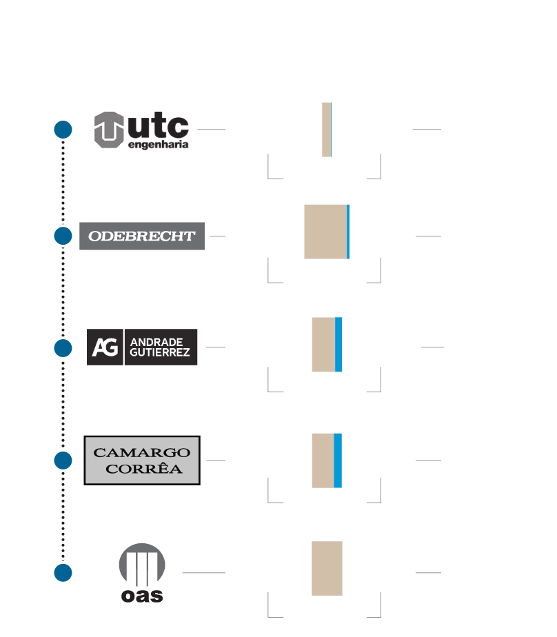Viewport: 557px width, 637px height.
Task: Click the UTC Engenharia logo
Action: tap(141, 130)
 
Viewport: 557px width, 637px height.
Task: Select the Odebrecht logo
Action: tap(142, 236)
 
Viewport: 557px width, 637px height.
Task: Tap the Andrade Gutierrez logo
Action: tap(142, 347)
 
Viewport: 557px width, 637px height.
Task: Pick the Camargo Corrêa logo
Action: tap(142, 461)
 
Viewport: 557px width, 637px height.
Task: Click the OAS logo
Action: tap(142, 574)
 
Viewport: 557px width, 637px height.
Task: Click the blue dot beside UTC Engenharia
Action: tap(63, 130)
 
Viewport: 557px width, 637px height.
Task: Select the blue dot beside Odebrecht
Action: tap(63, 236)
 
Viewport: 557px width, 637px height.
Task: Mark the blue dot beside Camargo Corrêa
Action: tap(63, 461)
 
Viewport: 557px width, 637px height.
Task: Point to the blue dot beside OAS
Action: tap(63, 573)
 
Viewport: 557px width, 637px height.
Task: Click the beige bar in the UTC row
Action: tap(326, 130)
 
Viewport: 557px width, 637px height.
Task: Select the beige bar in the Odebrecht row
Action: tap(325, 232)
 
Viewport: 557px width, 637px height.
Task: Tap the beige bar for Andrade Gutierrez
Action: tap(323, 345)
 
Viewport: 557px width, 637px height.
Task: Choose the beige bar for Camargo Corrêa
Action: tap(323, 461)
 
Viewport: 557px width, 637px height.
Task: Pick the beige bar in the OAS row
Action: tap(327, 568)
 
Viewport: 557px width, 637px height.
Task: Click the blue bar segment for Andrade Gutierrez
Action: tap(338, 345)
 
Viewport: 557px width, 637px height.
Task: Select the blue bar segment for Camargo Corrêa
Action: tap(338, 461)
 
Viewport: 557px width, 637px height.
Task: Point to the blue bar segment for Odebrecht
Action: tap(348, 232)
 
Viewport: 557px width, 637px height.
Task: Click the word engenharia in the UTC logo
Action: tap(159, 145)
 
